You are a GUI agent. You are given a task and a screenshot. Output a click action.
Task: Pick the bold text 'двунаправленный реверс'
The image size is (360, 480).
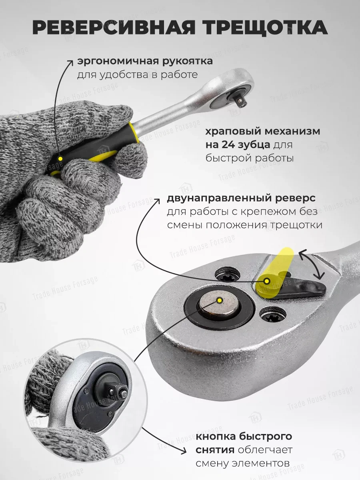(242, 198)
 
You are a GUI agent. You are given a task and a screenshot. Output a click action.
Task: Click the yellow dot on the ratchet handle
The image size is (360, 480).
(60, 159)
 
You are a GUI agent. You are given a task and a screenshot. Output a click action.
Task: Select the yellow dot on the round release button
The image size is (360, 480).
(219, 300)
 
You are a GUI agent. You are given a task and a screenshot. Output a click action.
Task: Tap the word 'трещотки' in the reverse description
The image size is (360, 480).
(297, 225)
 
